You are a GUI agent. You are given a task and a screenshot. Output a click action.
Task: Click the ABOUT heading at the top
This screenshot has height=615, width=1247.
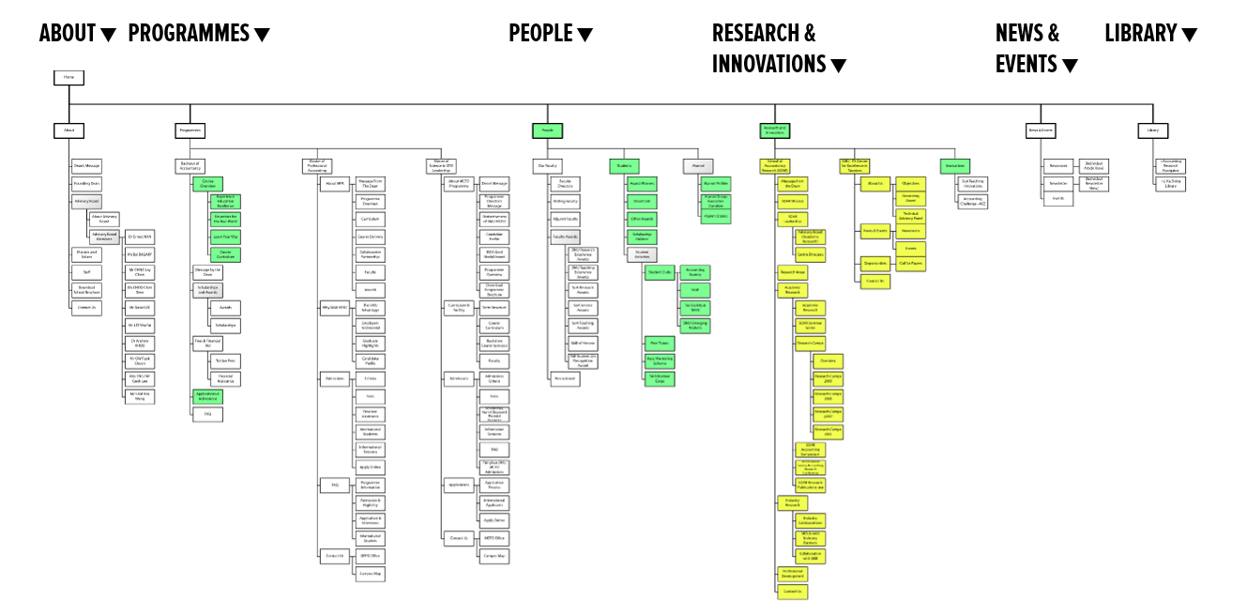click(x=68, y=34)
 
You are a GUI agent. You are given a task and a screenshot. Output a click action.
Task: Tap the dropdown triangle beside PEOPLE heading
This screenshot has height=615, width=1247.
click(x=585, y=36)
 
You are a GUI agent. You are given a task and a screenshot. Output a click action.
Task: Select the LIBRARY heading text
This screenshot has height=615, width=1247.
click(x=1140, y=34)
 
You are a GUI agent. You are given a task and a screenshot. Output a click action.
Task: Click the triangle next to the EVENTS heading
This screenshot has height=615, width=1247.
click(x=1069, y=66)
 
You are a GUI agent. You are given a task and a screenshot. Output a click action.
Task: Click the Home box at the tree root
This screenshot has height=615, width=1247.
click(x=68, y=77)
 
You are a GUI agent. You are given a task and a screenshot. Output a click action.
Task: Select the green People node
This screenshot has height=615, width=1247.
click(x=547, y=131)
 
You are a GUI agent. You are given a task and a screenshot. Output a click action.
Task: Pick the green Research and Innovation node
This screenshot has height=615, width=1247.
click(x=775, y=131)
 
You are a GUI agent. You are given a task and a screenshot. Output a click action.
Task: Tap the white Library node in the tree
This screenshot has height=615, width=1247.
click(x=1152, y=131)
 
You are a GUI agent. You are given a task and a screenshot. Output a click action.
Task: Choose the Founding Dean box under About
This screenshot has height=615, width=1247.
click(x=86, y=184)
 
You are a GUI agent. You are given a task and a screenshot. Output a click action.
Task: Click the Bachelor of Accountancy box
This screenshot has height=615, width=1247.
click(x=190, y=165)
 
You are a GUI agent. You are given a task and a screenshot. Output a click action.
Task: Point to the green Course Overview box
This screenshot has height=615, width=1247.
click(x=207, y=184)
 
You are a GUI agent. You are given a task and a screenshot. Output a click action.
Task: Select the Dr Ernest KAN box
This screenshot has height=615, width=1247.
click(x=141, y=237)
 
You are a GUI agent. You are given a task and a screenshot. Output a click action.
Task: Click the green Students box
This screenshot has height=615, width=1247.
click(x=623, y=165)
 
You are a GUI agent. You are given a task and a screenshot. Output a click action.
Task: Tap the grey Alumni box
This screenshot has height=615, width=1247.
click(x=698, y=165)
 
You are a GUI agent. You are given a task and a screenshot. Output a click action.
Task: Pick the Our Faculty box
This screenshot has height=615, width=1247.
click(x=547, y=165)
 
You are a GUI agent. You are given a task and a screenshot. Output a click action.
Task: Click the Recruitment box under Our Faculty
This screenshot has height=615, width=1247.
click(x=565, y=379)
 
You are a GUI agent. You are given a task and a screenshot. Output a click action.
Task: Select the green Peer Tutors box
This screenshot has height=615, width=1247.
click(x=659, y=343)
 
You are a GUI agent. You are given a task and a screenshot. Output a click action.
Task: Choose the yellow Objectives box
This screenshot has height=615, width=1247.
click(x=910, y=183)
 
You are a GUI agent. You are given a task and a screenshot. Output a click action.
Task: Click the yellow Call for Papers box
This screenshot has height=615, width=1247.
click(x=910, y=264)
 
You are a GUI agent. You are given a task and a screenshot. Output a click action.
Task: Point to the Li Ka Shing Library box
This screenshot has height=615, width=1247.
click(x=1170, y=184)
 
